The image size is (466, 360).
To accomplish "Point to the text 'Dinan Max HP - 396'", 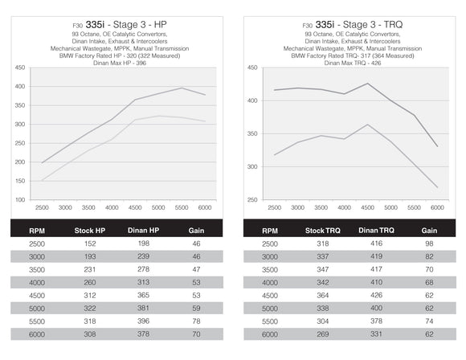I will [118, 62].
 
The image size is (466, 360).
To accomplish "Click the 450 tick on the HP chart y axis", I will [19, 67].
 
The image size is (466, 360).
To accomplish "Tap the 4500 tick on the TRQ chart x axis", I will [368, 207].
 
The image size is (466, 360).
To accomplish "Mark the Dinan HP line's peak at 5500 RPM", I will [182, 88].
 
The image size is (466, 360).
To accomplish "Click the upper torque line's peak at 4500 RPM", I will [368, 84].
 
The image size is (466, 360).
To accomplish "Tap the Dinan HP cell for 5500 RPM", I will [145, 320].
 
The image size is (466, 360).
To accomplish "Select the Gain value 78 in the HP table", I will [196, 320].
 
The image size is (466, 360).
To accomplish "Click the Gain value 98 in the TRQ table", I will [429, 243].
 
